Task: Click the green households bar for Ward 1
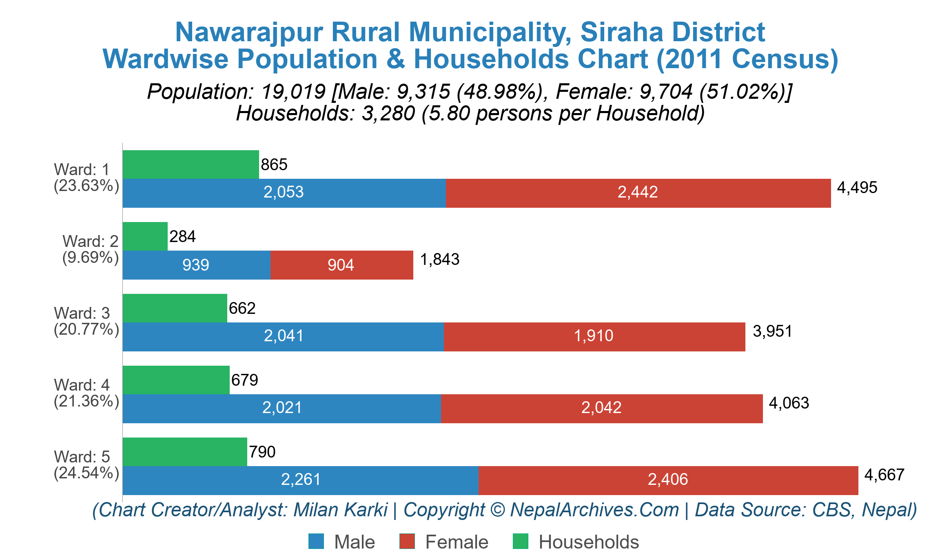191,164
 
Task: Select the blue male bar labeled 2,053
284,193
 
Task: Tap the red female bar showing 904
341,265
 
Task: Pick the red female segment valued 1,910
594,337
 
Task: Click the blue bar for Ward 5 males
300,480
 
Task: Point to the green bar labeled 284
145,236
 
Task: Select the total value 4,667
884,475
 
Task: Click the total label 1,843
439,260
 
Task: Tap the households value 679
244,380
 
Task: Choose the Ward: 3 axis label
82,313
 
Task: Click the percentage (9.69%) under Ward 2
90,258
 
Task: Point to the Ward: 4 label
82,385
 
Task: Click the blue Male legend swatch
316,542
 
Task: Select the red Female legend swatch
407,542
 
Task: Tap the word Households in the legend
588,542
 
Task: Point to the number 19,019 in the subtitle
293,92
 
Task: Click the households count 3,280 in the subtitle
388,113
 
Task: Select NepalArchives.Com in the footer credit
594,510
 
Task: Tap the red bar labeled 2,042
601,409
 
